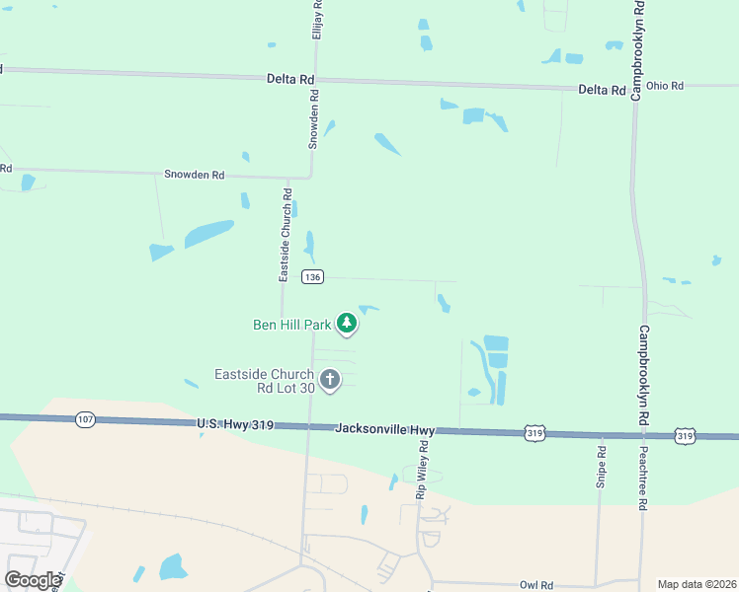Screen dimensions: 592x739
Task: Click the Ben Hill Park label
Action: pyautogui.click(x=292, y=324)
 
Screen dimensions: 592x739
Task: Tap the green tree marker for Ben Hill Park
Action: pyautogui.click(x=347, y=323)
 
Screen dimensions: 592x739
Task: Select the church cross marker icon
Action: pyautogui.click(x=330, y=379)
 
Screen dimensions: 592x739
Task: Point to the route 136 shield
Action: pyautogui.click(x=312, y=277)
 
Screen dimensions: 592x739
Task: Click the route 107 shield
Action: pyautogui.click(x=85, y=420)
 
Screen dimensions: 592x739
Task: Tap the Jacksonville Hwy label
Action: pyautogui.click(x=384, y=429)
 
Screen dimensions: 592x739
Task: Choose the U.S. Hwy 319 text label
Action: pyautogui.click(x=233, y=425)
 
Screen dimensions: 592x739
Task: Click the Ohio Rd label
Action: pyautogui.click(x=664, y=87)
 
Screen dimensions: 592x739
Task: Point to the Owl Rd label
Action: pyautogui.click(x=535, y=585)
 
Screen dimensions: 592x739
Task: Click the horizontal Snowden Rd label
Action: pyautogui.click(x=195, y=175)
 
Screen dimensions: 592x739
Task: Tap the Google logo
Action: pyautogui.click(x=33, y=580)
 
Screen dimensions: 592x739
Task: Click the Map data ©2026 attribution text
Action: pyautogui.click(x=697, y=584)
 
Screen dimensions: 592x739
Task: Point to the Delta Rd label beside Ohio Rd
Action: pyautogui.click(x=602, y=90)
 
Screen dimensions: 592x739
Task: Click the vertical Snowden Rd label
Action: pyautogui.click(x=314, y=119)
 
